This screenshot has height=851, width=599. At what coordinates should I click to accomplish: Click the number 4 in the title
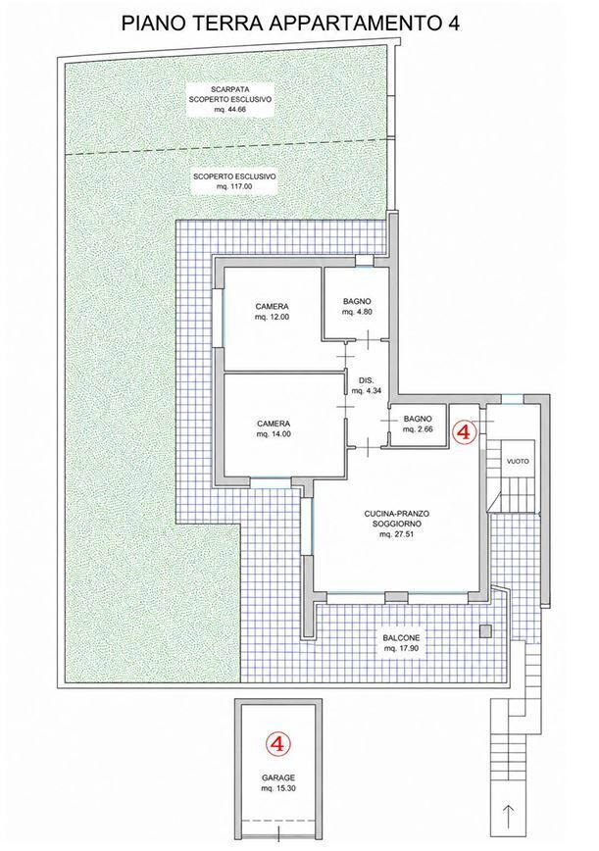[453, 24]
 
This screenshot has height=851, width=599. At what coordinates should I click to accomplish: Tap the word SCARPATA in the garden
[230, 89]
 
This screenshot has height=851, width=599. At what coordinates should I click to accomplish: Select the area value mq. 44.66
[230, 110]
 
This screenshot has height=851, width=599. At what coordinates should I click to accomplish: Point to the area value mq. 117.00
[234, 186]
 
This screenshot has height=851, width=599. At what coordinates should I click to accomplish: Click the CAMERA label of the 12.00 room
[272, 306]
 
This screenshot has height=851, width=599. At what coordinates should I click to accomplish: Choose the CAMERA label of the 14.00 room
[274, 424]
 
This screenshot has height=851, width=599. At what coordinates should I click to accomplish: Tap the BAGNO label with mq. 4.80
[357, 301]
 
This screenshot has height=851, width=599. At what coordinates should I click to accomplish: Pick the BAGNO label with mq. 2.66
[418, 419]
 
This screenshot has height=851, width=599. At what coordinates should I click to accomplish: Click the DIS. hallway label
[363, 380]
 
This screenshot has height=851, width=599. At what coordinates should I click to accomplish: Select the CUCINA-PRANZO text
[397, 513]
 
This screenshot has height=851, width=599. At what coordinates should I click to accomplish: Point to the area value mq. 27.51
[397, 534]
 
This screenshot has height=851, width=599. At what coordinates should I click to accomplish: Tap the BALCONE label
[401, 637]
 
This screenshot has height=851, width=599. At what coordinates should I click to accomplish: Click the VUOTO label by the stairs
[517, 461]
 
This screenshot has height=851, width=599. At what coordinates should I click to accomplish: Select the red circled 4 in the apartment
[465, 432]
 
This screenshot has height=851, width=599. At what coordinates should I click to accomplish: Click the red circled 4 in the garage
[277, 743]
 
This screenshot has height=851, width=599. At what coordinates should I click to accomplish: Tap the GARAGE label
[278, 777]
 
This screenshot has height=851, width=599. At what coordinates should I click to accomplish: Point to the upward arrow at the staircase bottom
[509, 817]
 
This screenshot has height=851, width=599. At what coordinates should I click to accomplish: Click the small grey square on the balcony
[485, 630]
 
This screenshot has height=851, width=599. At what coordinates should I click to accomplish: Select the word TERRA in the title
[225, 24]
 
